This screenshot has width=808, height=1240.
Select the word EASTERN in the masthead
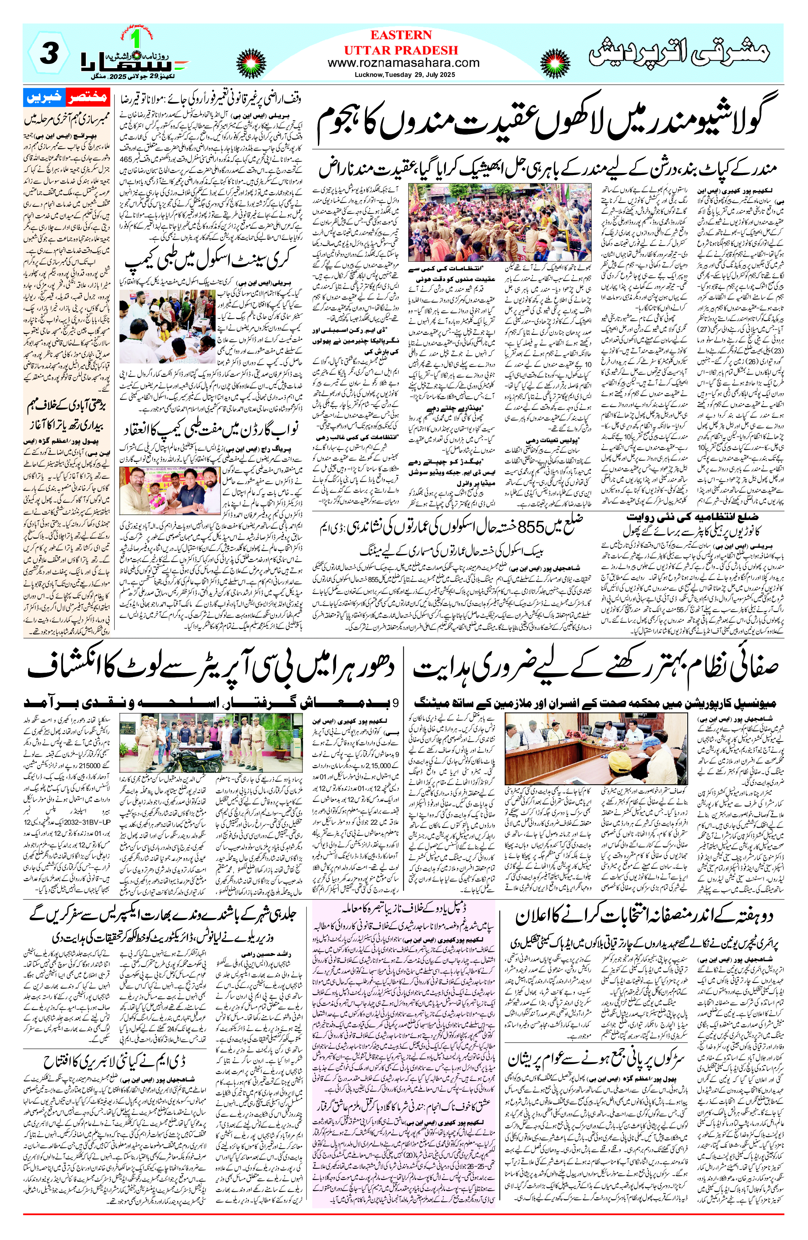[x=401, y=35]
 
